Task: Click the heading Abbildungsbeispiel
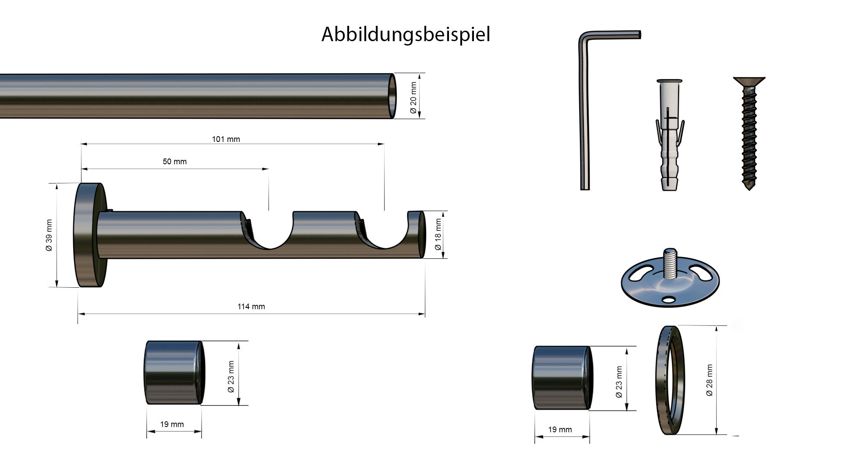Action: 406,35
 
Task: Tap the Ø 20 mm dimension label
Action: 413,98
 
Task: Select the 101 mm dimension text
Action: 226,139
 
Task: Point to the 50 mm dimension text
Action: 175,162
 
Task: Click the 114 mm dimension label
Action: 251,307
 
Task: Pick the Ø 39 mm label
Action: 49,235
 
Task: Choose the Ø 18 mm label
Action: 438,235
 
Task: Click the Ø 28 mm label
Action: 710,380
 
